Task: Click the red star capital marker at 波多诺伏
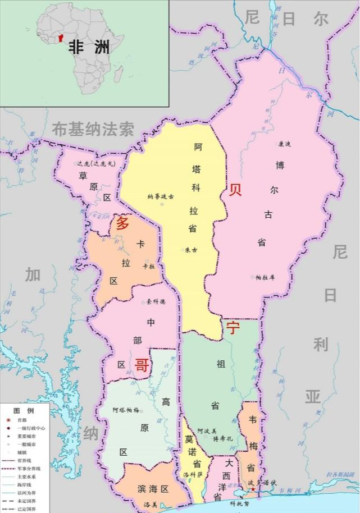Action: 253,489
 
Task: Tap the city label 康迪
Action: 285,144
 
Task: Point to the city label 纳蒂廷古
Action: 161,196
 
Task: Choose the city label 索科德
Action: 156,301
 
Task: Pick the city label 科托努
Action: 239,503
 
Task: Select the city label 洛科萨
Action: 193,474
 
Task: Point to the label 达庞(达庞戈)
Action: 95,164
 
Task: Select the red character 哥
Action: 142,366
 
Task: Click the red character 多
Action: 122,224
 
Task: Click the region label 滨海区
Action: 153,489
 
